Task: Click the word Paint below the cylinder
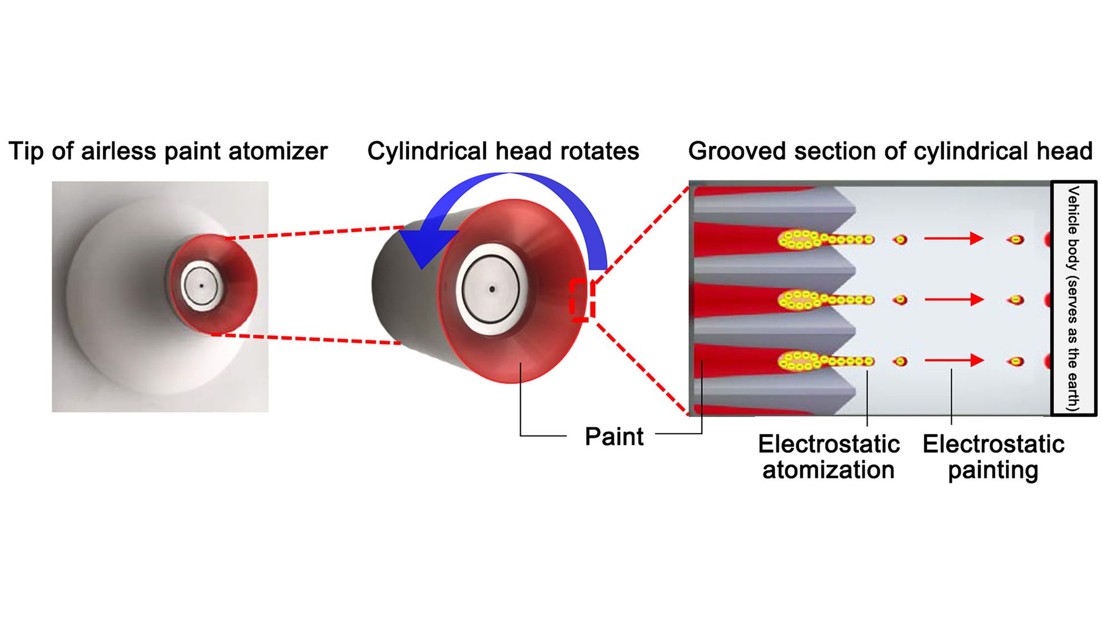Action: point(614,436)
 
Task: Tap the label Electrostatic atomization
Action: point(829,457)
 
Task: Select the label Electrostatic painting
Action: point(993,457)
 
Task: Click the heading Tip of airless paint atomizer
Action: point(168,151)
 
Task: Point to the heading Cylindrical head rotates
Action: point(503,151)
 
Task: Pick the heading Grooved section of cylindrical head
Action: point(891,151)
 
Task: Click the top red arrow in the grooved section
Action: point(954,239)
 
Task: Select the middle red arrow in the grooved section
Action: point(954,299)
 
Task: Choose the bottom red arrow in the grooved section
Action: point(954,360)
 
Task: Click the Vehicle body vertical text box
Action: point(1073,298)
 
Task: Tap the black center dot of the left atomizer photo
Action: point(201,285)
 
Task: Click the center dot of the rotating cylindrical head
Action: point(491,290)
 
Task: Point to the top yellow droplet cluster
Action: point(826,239)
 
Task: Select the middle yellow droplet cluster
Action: point(826,299)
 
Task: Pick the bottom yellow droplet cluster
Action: point(826,361)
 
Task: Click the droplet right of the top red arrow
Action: point(1016,239)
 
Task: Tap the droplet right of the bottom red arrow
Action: point(1016,361)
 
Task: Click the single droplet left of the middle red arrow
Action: point(900,300)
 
